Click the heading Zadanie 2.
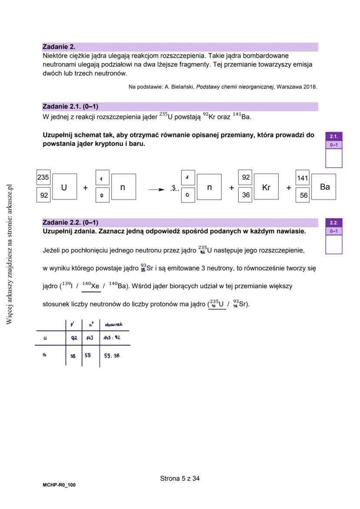click(x=59, y=47)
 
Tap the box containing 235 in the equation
click(x=43, y=177)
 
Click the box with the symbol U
click(x=64, y=187)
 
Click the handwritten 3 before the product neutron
click(x=174, y=189)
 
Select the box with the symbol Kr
click(x=266, y=187)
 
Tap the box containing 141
click(x=302, y=178)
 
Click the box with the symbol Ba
click(x=324, y=187)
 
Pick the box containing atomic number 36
click(x=246, y=195)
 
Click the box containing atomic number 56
click(x=303, y=196)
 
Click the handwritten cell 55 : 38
click(x=112, y=355)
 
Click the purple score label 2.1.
click(x=333, y=136)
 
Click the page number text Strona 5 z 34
click(x=180, y=479)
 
